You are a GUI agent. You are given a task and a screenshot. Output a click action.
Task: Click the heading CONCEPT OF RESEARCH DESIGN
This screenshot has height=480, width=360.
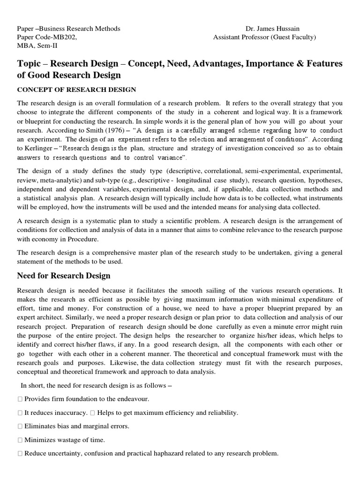coord(76,90)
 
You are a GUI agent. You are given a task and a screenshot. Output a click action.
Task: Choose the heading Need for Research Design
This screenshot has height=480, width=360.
coord(64,275)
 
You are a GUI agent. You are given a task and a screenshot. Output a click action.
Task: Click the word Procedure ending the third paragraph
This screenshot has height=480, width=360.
coord(84,239)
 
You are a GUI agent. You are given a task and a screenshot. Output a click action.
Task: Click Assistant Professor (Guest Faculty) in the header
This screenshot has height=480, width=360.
coord(264,37)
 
